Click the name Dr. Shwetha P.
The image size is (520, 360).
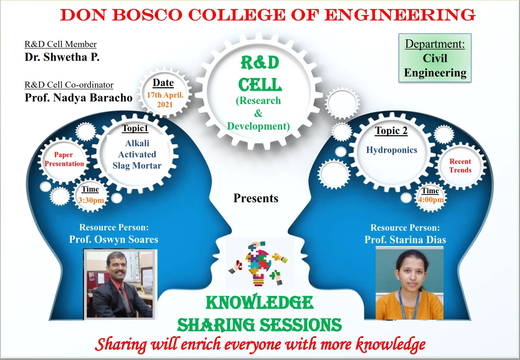[62, 57]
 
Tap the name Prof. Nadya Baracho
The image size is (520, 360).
[78, 98]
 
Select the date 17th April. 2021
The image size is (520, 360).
[165, 100]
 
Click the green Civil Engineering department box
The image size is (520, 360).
[435, 58]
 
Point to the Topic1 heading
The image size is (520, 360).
[135, 128]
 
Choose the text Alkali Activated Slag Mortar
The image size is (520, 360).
[137, 154]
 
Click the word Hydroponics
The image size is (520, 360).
[392, 150]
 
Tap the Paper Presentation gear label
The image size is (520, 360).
[64, 159]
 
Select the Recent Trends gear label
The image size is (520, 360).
[460, 166]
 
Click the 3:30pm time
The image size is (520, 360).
[91, 200]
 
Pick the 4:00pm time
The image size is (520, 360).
[431, 200]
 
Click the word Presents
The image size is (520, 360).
[256, 198]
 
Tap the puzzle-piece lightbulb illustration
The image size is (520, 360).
[259, 263]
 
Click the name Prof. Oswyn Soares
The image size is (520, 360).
[114, 240]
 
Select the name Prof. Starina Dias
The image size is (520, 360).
[405, 240]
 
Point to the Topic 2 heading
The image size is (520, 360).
[391, 131]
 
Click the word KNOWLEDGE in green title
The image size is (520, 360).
[260, 302]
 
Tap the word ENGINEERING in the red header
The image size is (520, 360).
[400, 15]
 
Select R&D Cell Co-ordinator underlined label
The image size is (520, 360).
[69, 85]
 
